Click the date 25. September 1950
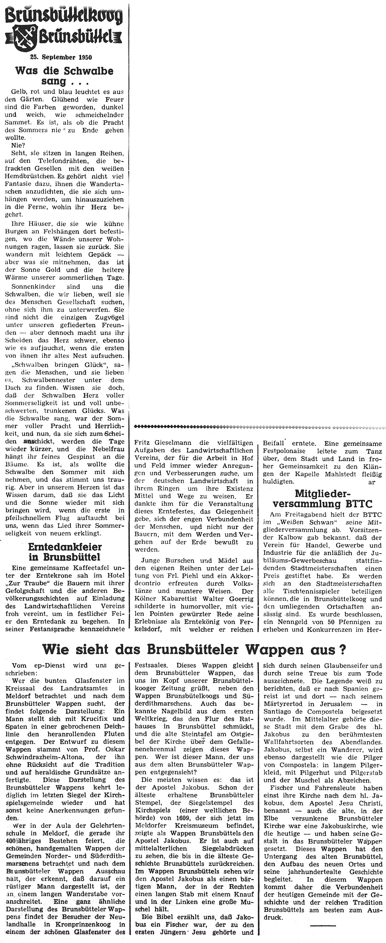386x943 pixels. tap(61, 57)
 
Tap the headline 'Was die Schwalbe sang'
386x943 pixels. tap(64, 76)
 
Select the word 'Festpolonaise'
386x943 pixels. tap(284, 451)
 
